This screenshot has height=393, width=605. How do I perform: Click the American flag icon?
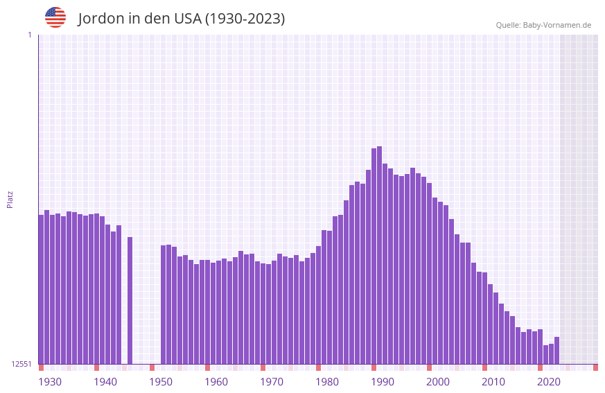[x=55, y=17]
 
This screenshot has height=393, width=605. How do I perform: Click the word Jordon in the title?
[x=100, y=19]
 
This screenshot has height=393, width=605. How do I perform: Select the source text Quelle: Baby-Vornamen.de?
[x=543, y=25]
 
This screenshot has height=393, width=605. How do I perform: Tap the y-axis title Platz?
[x=10, y=199]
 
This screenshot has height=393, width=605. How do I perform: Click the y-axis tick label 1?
[x=29, y=35]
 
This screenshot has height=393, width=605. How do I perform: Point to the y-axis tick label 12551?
[x=21, y=364]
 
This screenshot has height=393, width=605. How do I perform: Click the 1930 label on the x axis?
[x=50, y=382]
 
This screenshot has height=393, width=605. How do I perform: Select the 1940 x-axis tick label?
[x=105, y=382]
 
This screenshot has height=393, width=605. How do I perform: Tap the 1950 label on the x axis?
[x=161, y=382]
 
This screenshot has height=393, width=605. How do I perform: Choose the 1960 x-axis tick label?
[x=216, y=382]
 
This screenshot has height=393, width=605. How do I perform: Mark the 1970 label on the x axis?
[x=272, y=382]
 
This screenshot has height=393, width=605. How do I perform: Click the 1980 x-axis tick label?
[x=327, y=382]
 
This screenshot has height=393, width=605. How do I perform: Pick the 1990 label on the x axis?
[x=383, y=382]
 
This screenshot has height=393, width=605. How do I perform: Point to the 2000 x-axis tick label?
[x=438, y=382]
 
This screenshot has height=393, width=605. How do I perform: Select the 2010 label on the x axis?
[x=493, y=382]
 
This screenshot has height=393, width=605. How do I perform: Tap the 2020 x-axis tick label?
[x=549, y=382]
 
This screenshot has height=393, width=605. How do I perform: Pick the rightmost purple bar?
[x=556, y=350]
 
